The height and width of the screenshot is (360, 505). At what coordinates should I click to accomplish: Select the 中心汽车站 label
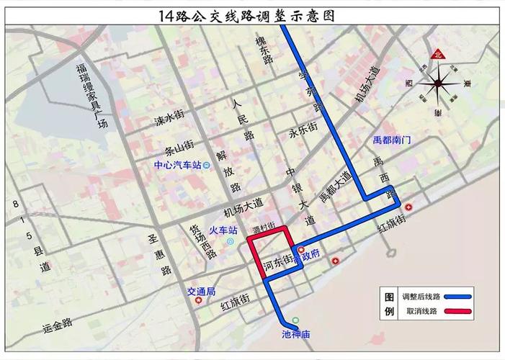coord(178,165)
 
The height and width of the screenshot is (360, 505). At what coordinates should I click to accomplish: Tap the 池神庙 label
coord(295,334)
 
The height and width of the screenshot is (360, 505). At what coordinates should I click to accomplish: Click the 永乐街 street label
coord(303,132)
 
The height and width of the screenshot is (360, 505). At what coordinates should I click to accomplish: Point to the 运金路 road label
coord(58,325)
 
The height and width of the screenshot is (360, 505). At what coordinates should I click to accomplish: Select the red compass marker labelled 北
coord(437,55)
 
